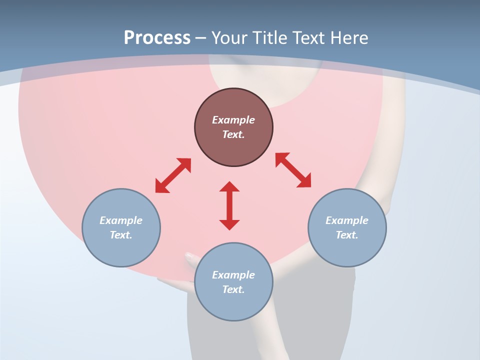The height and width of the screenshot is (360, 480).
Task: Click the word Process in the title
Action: tap(157, 37)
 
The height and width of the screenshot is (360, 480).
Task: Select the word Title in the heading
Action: tap(273, 37)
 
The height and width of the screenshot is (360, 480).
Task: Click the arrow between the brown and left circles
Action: tap(173, 175)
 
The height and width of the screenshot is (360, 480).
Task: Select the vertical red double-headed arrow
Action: tap(229, 205)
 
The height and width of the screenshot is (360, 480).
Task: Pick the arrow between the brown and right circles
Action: tap(293, 170)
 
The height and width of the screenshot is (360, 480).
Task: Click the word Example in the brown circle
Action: tap(233, 120)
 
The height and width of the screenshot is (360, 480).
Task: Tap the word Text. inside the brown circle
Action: tap(233, 134)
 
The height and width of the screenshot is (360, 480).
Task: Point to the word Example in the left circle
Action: tap(121, 220)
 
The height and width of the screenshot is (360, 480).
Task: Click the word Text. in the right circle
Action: tap(347, 235)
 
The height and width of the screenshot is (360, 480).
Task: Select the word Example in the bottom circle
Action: tap(233, 275)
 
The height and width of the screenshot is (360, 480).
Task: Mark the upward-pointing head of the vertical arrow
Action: tap(229, 187)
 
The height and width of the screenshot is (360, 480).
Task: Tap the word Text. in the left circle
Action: tap(121, 235)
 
